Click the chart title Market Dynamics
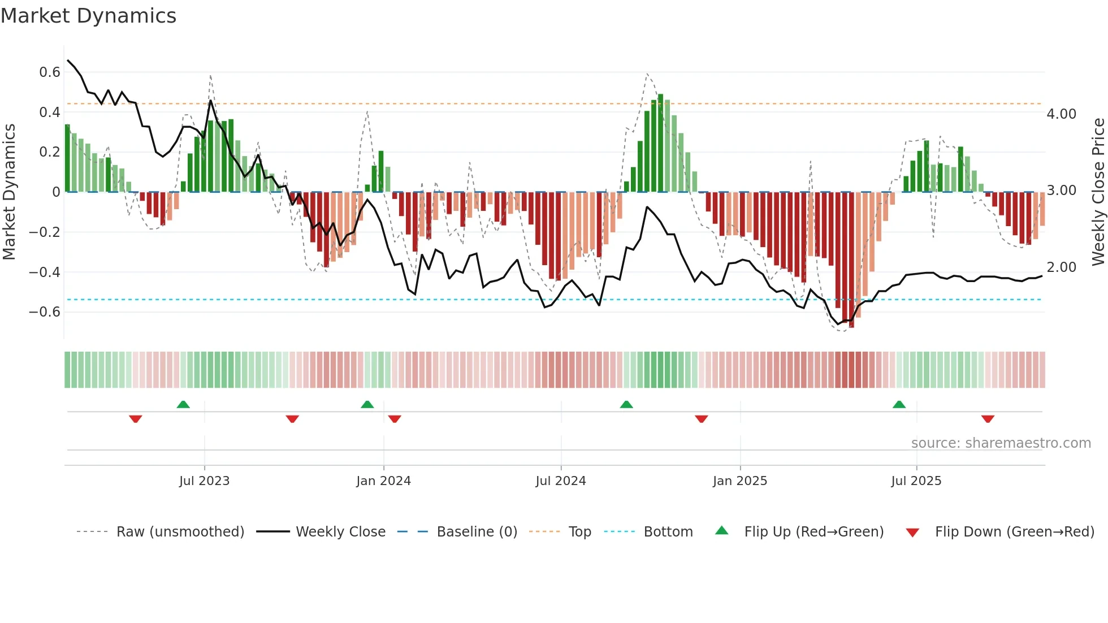[x=88, y=16]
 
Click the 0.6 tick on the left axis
[x=50, y=72]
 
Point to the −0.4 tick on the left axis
[x=45, y=272]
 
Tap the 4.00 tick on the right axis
[x=1061, y=114]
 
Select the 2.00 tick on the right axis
[x=1061, y=267]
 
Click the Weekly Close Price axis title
[x=1098, y=192]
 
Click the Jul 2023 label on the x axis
[x=204, y=481]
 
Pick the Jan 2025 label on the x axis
[x=739, y=481]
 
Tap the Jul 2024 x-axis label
[x=560, y=481]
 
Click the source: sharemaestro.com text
[x=1001, y=443]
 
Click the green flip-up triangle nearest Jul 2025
[x=899, y=404]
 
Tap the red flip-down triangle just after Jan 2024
[x=395, y=419]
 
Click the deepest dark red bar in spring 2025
[x=851, y=260]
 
